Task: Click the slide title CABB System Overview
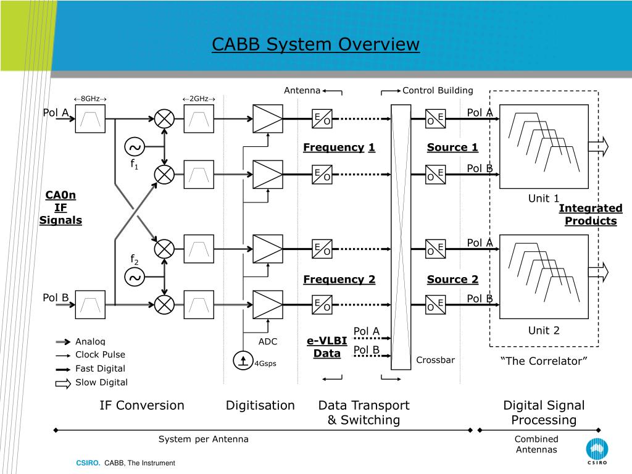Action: tap(315, 44)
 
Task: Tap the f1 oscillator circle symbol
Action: tap(135, 147)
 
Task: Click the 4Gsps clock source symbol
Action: tap(243, 360)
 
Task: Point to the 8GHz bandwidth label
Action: tap(90, 99)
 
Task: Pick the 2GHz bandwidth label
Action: tap(199, 99)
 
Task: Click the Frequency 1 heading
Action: tap(339, 147)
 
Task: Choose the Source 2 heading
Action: tap(452, 279)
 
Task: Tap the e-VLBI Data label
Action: tap(327, 347)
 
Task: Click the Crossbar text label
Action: tap(435, 360)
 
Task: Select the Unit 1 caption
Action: tap(543, 198)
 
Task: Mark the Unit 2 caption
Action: tap(543, 330)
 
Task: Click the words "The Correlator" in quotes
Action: tap(543, 361)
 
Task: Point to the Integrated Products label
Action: tap(591, 215)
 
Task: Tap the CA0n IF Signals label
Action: tap(60, 208)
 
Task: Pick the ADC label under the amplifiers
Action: tap(268, 341)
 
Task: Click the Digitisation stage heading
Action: tap(260, 405)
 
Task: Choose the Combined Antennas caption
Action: tap(536, 444)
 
